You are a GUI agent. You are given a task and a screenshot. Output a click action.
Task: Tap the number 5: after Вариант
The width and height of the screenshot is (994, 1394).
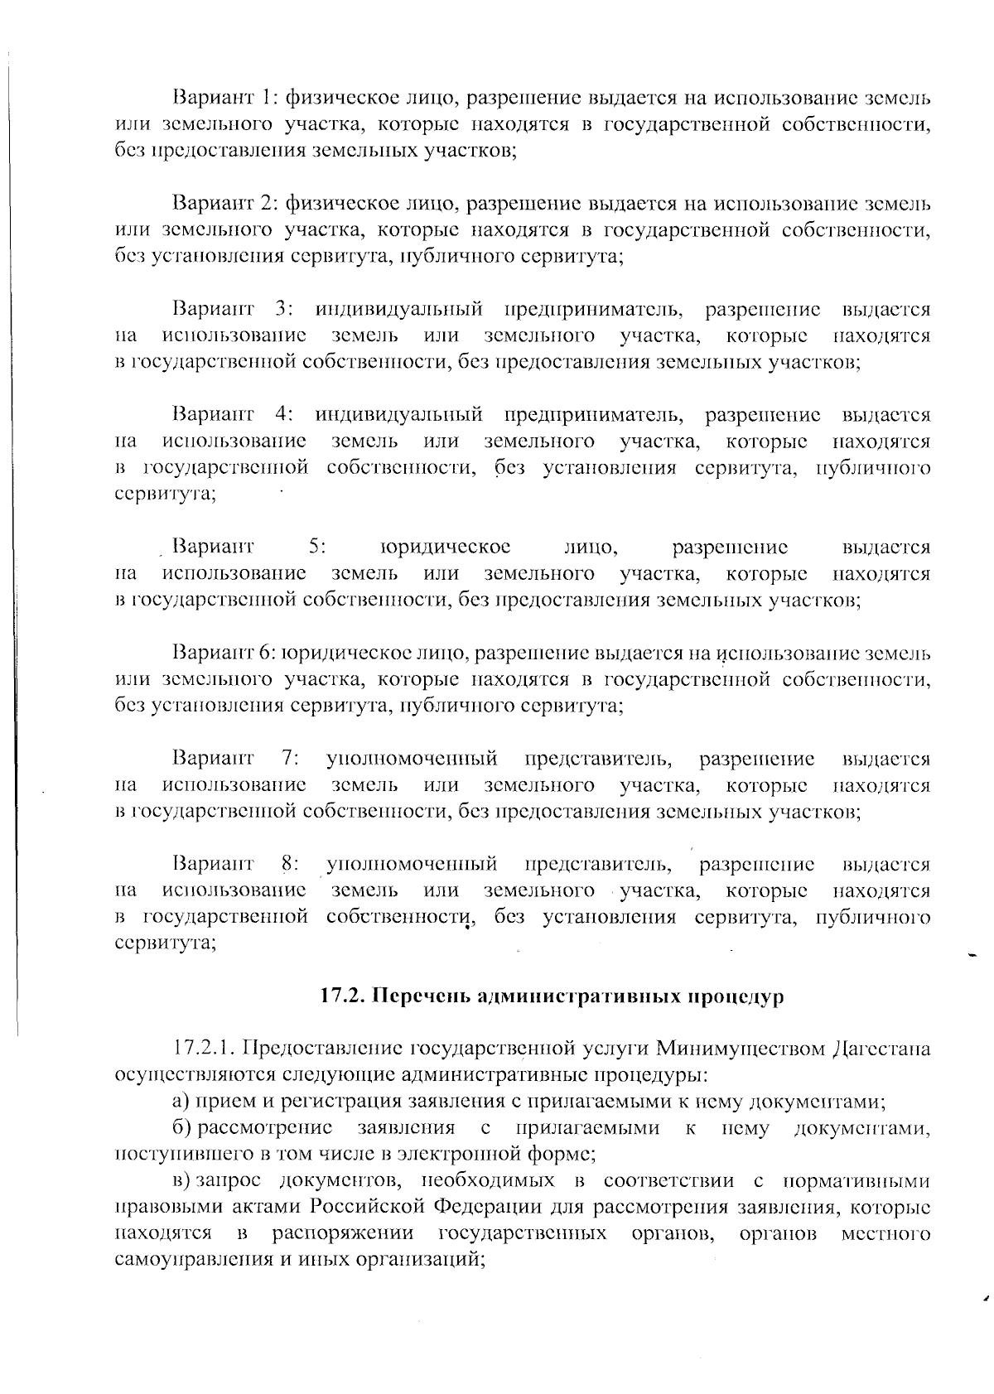(x=316, y=547)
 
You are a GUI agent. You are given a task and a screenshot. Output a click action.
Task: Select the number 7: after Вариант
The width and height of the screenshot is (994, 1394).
(x=290, y=759)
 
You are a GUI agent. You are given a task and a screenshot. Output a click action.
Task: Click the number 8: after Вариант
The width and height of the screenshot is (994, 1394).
(x=290, y=865)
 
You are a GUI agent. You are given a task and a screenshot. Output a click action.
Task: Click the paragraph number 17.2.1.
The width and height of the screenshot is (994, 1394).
(x=202, y=1049)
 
